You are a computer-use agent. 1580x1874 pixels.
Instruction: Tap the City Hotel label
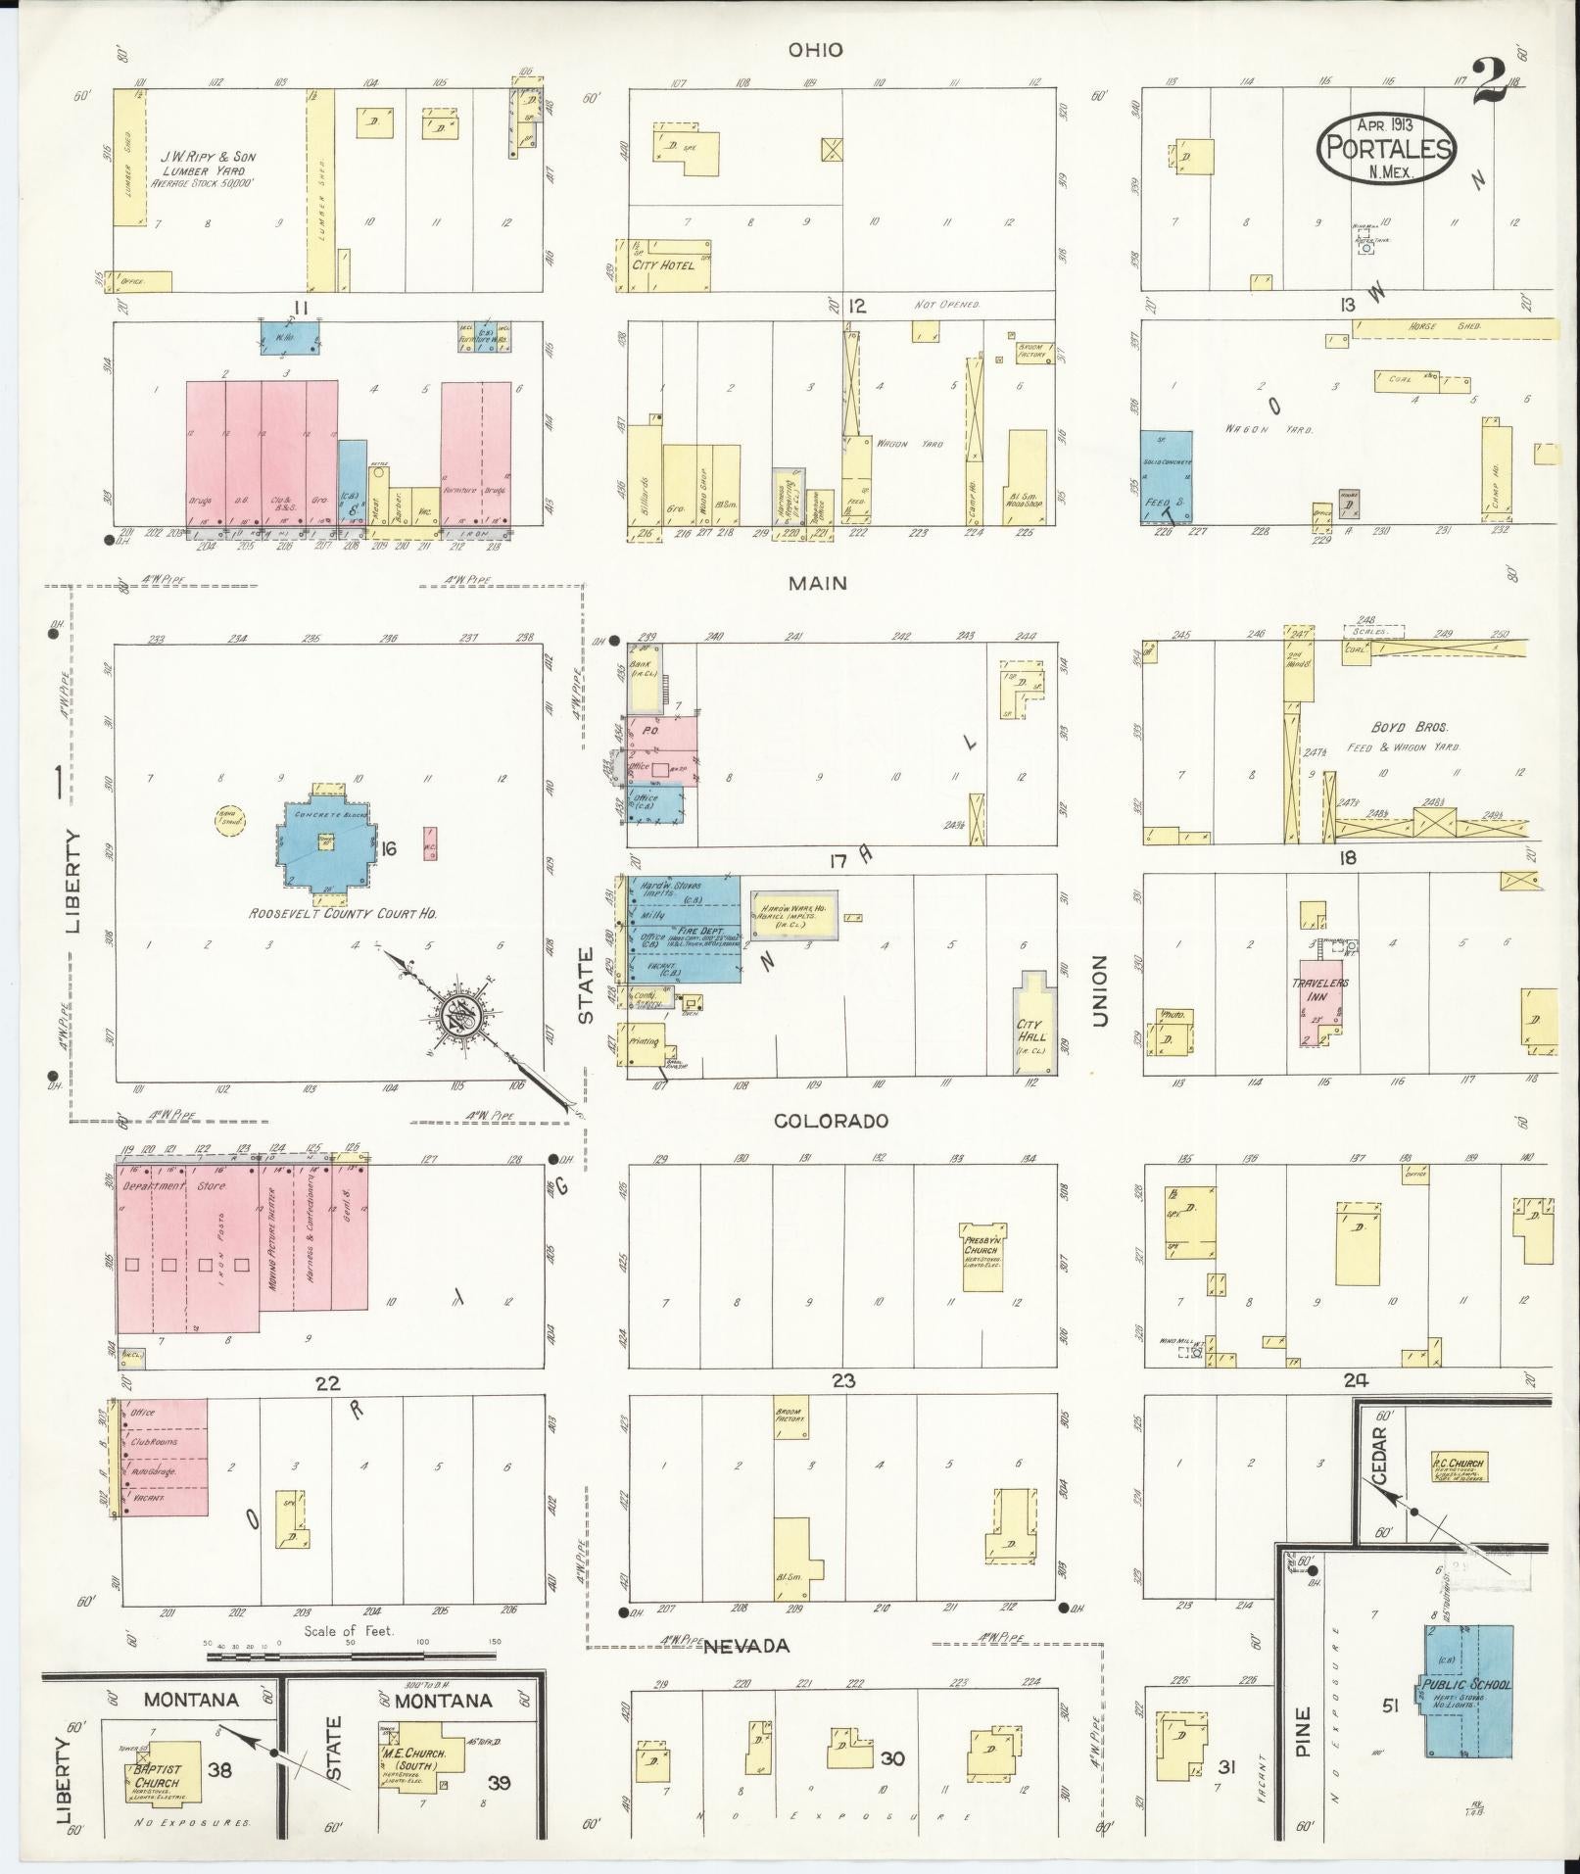tap(663, 265)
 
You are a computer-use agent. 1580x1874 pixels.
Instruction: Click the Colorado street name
tap(832, 1121)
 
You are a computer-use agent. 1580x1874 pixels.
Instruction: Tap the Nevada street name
tap(747, 1647)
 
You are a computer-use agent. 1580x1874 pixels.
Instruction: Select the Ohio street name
tap(816, 50)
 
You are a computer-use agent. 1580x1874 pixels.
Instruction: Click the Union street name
tap(1099, 991)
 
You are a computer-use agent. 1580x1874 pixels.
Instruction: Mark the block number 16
tap(389, 849)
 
